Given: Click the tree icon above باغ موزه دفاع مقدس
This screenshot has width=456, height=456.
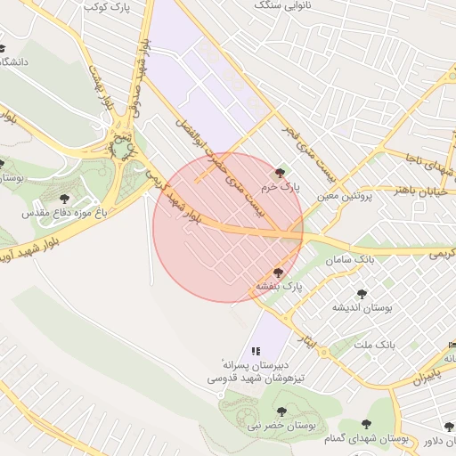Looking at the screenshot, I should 63,198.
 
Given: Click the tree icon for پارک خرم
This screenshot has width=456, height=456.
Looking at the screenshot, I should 281,173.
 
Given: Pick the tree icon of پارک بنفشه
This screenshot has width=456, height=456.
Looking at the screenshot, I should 278,273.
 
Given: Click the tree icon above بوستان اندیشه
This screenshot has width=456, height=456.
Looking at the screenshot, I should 362,293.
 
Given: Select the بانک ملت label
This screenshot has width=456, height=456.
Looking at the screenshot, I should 374,344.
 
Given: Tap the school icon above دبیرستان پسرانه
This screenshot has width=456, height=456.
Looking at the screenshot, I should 256,352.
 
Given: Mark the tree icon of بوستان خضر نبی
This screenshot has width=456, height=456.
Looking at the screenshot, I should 281,411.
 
